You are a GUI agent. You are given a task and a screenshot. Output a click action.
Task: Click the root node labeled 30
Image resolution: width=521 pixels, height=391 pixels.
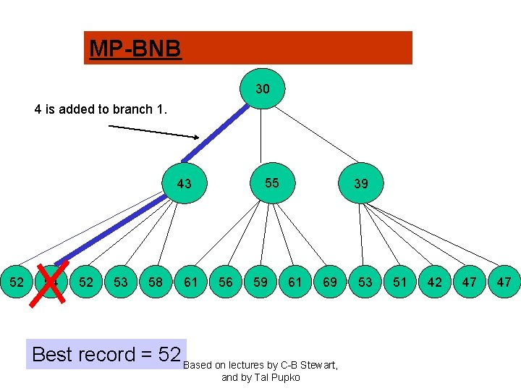[263, 88]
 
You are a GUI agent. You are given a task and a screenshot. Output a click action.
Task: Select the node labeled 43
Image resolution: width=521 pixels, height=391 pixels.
[185, 184]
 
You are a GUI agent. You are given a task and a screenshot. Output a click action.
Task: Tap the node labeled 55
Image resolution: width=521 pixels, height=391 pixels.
[271, 182]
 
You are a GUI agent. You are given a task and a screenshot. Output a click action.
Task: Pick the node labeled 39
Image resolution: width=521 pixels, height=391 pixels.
[360, 184]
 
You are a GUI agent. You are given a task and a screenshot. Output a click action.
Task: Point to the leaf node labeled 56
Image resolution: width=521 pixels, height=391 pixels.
[226, 282]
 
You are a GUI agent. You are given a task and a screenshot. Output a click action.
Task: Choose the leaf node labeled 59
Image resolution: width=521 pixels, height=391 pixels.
[260, 282]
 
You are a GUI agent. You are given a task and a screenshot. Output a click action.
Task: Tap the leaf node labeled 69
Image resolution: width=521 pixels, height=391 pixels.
[330, 282]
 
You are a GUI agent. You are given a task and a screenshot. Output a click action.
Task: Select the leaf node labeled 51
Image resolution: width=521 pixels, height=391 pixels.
[399, 282]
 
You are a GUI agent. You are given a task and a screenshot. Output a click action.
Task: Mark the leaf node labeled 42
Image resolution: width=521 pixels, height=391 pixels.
[434, 282]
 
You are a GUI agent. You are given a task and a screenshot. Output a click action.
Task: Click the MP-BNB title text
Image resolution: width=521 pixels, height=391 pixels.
[135, 49]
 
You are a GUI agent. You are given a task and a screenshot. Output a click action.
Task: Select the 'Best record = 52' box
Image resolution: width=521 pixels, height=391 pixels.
[106, 354]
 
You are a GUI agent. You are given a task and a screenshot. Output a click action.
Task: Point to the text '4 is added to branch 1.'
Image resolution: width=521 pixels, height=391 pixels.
[101, 110]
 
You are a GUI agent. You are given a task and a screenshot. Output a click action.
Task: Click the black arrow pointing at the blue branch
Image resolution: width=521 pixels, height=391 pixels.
[153, 131]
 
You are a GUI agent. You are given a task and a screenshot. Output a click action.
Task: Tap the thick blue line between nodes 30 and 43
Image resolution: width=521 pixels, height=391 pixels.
[216, 133]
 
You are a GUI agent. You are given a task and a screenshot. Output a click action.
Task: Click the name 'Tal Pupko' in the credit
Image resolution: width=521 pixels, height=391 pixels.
[276, 378]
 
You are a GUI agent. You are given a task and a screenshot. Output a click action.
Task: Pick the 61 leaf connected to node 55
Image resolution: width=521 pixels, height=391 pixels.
[295, 282]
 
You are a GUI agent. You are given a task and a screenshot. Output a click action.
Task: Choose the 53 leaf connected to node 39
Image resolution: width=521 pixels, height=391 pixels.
[365, 282]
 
